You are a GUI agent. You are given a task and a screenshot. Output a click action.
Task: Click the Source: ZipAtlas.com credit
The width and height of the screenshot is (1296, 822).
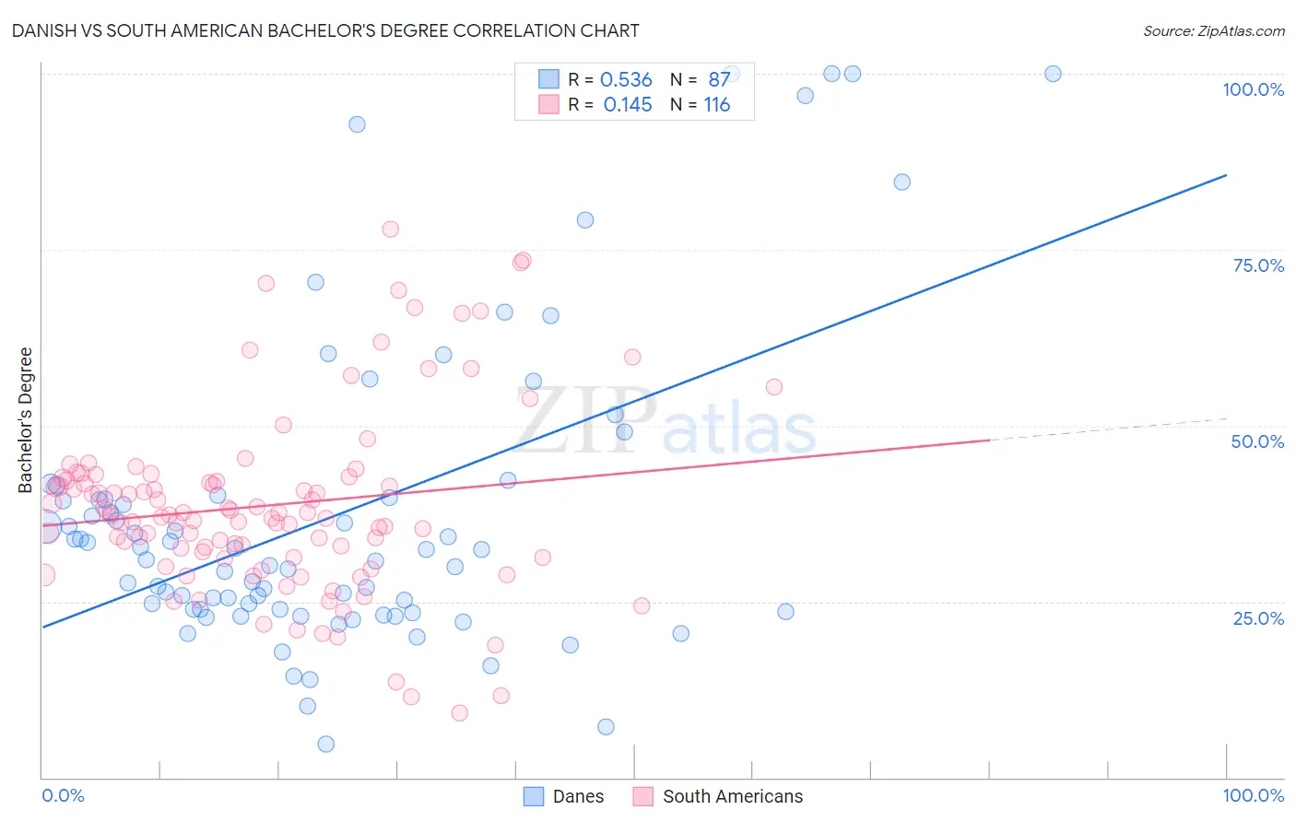[1213, 30]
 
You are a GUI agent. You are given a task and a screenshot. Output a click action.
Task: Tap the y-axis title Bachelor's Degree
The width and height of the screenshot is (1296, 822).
[26, 419]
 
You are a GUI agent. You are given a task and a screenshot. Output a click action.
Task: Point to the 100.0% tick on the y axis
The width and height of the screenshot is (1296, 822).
[1253, 89]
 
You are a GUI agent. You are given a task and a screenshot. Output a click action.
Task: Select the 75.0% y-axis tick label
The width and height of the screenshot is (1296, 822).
[1258, 265]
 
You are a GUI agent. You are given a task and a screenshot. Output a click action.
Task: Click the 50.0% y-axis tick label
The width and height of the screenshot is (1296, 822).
[1257, 441]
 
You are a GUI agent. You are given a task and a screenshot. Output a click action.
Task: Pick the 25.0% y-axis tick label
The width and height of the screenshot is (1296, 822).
[1258, 617]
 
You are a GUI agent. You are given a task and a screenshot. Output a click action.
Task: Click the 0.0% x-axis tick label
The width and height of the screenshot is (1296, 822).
[63, 795]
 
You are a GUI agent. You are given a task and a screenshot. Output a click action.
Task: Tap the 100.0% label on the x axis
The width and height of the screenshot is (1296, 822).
[1253, 795]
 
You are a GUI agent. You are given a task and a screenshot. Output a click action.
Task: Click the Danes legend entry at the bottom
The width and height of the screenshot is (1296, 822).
[563, 796]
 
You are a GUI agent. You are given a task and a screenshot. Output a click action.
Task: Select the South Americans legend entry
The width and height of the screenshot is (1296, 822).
[718, 796]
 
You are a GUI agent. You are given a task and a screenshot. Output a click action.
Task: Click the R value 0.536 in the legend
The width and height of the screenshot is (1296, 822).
[626, 80]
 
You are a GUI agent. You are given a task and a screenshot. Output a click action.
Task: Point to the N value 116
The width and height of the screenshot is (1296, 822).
[716, 105]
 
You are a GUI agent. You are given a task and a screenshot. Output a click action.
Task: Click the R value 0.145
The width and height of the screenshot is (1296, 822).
[627, 105]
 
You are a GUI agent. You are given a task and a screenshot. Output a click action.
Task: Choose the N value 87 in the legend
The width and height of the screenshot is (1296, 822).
[718, 80]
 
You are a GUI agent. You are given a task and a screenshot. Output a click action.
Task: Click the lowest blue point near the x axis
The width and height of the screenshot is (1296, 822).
[325, 744]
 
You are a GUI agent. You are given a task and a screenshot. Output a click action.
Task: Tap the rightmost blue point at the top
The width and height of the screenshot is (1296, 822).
[1053, 74]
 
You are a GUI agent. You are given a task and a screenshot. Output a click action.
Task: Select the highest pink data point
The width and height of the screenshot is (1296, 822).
[390, 229]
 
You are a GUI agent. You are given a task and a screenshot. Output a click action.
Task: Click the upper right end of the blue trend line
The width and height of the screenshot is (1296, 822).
[1226, 175]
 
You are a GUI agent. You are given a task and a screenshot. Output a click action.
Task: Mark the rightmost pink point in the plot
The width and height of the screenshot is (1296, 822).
[774, 387]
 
